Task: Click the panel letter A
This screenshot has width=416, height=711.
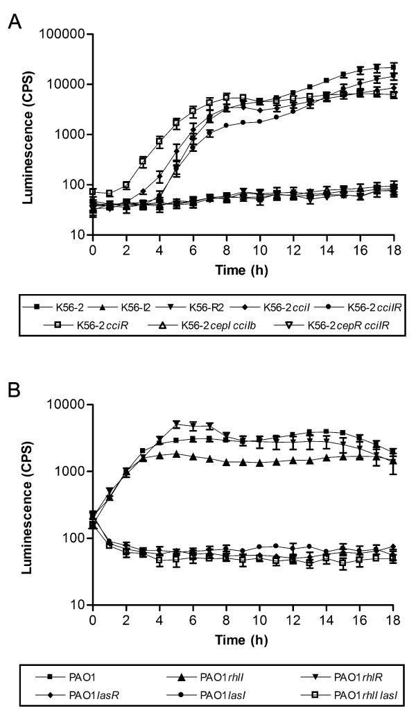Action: click(13, 22)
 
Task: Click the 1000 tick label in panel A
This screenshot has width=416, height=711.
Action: click(69, 135)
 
